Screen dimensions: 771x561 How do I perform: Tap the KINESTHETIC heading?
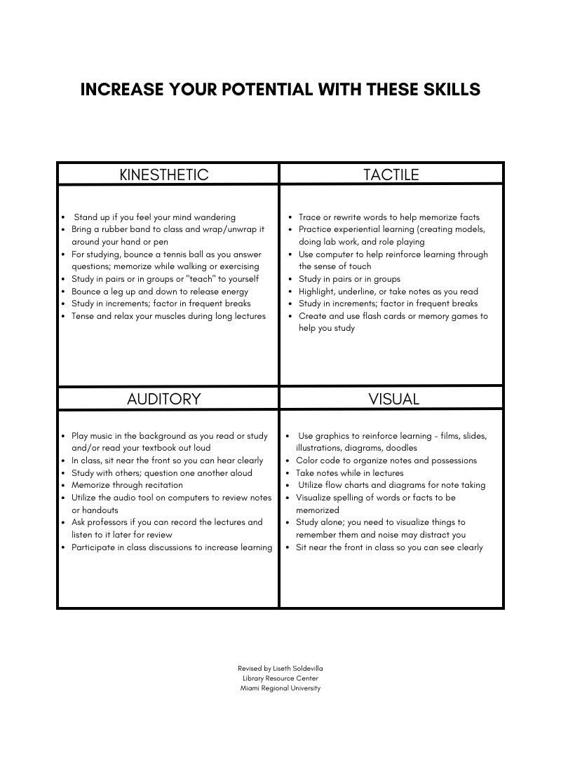pyautogui.click(x=164, y=175)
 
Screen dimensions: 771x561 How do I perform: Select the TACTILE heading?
pyautogui.click(x=391, y=175)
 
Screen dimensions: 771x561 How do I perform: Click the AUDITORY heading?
pyautogui.click(x=164, y=399)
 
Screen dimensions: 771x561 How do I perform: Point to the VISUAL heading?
pyautogui.click(x=393, y=399)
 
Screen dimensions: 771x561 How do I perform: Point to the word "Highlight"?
pyautogui.click(x=319, y=292)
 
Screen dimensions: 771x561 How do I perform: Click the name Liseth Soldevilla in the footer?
pyautogui.click(x=298, y=669)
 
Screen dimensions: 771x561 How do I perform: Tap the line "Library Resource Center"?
pyautogui.click(x=280, y=678)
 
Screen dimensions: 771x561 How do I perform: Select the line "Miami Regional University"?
pyautogui.click(x=280, y=688)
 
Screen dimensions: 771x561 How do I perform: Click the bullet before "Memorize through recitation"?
pyautogui.click(x=64, y=485)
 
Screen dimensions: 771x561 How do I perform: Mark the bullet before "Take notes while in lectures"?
pyautogui.click(x=288, y=473)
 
